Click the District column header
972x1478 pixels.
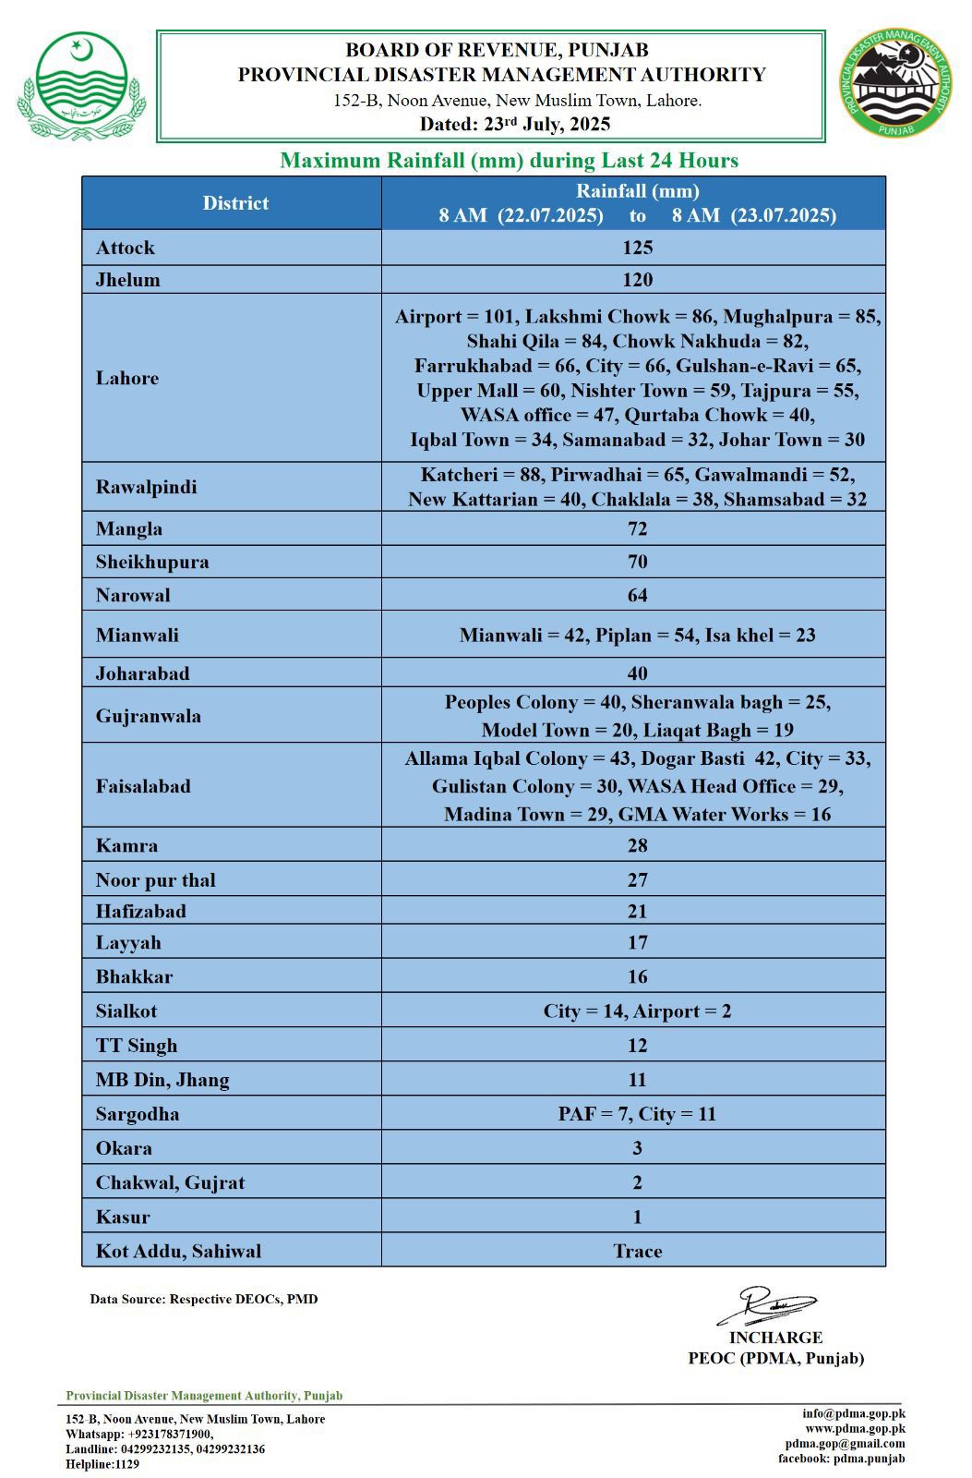coord(235,203)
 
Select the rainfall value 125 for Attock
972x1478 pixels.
coord(637,248)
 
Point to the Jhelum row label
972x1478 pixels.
coord(127,280)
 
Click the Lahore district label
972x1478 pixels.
coord(127,378)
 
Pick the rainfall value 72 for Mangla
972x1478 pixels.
coord(637,529)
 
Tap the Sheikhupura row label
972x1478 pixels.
coord(152,562)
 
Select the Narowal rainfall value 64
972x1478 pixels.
coord(637,595)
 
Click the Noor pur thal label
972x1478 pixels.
coord(155,880)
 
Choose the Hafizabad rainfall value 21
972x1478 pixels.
coord(637,912)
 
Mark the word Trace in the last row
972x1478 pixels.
coord(637,1252)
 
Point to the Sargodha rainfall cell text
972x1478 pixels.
coord(637,1114)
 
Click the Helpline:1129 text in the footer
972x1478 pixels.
coord(102,1464)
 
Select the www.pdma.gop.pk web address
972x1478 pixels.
coord(855,1428)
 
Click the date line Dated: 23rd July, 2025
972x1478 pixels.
coord(515,124)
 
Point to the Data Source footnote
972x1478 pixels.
coord(204,1299)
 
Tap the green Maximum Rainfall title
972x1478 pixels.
coord(509,161)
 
